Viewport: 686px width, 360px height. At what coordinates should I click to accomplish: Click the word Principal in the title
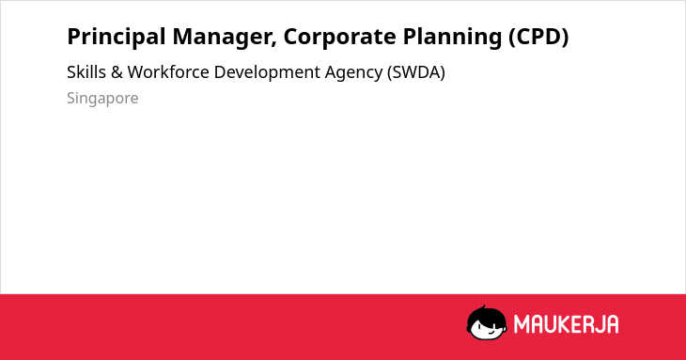(117, 38)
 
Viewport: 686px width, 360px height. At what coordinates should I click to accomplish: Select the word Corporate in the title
(340, 38)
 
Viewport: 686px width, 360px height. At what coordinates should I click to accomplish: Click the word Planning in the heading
(452, 38)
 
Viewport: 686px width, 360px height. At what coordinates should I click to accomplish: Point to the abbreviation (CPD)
(538, 37)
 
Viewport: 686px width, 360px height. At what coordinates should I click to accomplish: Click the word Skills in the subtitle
(86, 72)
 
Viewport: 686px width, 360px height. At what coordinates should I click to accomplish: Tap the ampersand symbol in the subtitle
(117, 72)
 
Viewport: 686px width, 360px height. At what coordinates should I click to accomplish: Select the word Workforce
(168, 72)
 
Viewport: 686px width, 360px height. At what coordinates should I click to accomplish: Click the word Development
(267, 73)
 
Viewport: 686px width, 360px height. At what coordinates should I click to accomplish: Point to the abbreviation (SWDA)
(415, 72)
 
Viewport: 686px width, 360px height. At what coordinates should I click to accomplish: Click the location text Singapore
(102, 99)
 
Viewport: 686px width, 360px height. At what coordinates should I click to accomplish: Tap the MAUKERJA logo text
(566, 324)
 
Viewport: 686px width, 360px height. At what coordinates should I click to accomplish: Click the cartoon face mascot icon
(487, 322)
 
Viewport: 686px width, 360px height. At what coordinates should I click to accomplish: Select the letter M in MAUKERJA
(522, 324)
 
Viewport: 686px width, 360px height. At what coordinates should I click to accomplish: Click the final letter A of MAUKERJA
(613, 324)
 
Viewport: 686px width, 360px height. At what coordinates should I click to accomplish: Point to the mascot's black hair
(486, 314)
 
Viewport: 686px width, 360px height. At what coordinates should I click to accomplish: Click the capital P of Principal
(74, 37)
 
